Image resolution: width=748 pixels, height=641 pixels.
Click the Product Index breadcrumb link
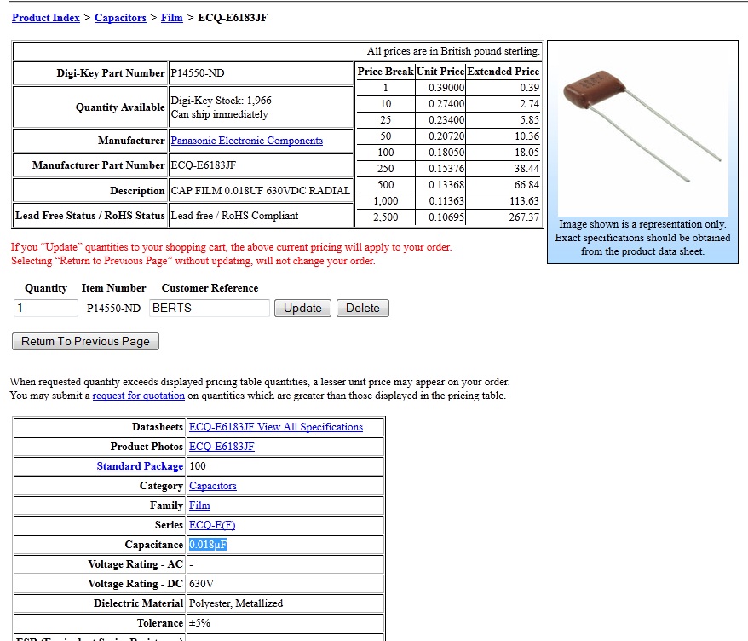coord(46,18)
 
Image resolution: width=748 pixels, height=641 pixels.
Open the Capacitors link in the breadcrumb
coord(120,18)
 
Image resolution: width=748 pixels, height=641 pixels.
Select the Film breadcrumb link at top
coord(172,18)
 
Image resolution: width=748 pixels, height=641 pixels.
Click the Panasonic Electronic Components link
coord(246,141)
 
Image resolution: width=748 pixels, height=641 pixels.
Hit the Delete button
coord(362,309)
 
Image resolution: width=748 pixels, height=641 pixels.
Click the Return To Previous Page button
coord(85,342)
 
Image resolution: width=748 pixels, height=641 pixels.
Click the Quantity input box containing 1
coord(46,309)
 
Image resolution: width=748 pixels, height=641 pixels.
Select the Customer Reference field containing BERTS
coord(209,309)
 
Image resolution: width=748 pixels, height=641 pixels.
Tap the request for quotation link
coord(139,396)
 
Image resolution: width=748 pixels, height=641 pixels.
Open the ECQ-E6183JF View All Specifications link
coord(276,427)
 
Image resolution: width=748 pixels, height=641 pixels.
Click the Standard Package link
coord(140,466)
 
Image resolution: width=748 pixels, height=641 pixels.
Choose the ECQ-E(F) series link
coord(212,525)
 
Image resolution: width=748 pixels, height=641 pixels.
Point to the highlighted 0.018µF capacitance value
coord(208,545)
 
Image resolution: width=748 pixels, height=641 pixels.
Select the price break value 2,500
coord(386,217)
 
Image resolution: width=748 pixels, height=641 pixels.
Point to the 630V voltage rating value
coord(201,584)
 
